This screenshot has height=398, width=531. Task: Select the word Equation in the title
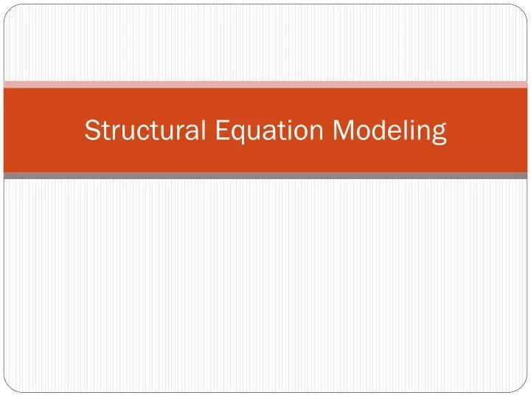pyautogui.click(x=269, y=130)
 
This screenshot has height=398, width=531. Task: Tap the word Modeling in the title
pyautogui.click(x=389, y=130)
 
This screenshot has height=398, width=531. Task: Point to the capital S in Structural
pyautogui.click(x=91, y=130)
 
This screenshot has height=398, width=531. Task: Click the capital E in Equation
pyautogui.click(x=222, y=130)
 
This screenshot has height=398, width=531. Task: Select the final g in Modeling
pyautogui.click(x=439, y=134)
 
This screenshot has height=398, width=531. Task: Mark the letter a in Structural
pyautogui.click(x=193, y=133)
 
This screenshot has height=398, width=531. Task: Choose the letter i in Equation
pyautogui.click(x=288, y=130)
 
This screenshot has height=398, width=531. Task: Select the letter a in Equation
pyautogui.click(x=267, y=133)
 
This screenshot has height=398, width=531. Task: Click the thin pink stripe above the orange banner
pyautogui.click(x=265, y=84)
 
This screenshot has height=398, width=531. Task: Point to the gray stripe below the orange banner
pyautogui.click(x=265, y=176)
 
